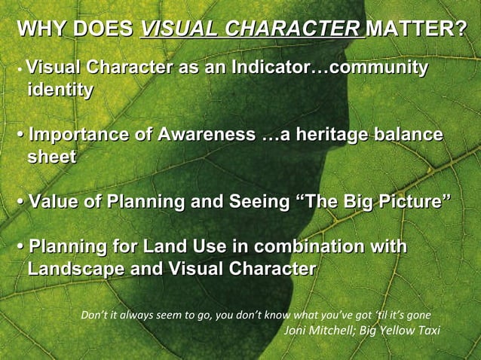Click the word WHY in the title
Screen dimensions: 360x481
(x=38, y=31)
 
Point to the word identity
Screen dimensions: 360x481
(x=60, y=90)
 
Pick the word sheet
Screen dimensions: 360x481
(x=51, y=157)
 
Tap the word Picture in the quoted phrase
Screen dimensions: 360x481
(x=410, y=203)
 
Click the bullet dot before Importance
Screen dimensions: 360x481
(x=20, y=136)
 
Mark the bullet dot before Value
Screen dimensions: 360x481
(x=20, y=203)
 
